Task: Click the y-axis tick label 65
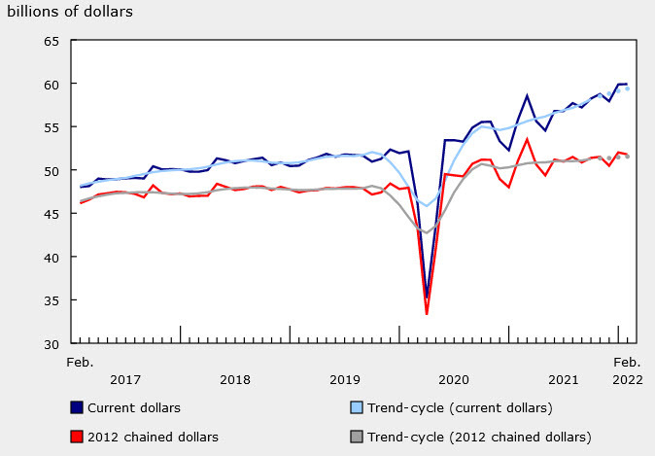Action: pyautogui.click(x=51, y=41)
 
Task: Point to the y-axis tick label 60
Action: pyautogui.click(x=51, y=84)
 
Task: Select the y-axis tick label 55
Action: pyautogui.click(x=51, y=127)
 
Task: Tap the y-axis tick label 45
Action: pyautogui.click(x=51, y=214)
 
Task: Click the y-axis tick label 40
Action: pyautogui.click(x=51, y=257)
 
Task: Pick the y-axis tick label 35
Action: pyautogui.click(x=51, y=300)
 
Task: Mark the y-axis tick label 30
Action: pyautogui.click(x=51, y=343)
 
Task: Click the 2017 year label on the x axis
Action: pyautogui.click(x=126, y=379)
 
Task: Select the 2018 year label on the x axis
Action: pyautogui.click(x=235, y=379)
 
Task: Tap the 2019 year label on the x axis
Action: pyautogui.click(x=345, y=379)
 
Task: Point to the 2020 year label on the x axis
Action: pyautogui.click(x=455, y=379)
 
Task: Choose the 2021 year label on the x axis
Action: pyautogui.click(x=564, y=379)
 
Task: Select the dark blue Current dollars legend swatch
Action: pyautogui.click(x=77, y=407)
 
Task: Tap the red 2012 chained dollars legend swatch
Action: pyautogui.click(x=77, y=436)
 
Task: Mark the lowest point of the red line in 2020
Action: pyautogui.click(x=427, y=314)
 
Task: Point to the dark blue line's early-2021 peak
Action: pyautogui.click(x=527, y=95)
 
